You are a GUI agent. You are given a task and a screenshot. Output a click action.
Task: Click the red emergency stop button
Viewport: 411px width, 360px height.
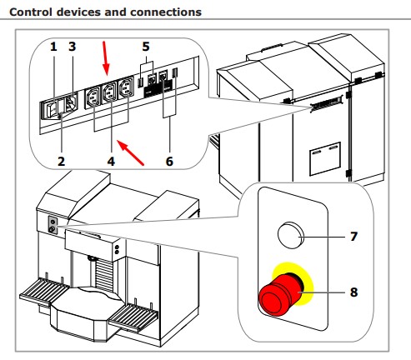pyautogui.click(x=281, y=294)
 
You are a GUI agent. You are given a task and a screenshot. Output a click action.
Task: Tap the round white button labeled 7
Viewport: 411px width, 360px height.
pyautogui.click(x=291, y=235)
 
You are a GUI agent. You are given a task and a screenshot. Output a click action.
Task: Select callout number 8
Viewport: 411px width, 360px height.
pyautogui.click(x=353, y=292)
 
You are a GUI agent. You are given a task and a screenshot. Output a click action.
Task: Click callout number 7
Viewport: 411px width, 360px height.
pyautogui.click(x=353, y=237)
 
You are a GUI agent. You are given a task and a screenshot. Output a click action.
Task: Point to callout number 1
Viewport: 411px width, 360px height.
pyautogui.click(x=53, y=47)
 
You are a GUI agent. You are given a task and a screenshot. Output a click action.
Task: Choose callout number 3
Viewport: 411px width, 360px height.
pyautogui.click(x=72, y=47)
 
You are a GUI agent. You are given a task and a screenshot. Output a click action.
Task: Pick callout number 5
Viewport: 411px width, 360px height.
pyautogui.click(x=146, y=47)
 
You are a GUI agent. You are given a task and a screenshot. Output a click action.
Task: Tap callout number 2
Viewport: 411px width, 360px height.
pyautogui.click(x=61, y=162)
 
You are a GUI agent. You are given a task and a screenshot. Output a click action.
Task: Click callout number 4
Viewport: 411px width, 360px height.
pyautogui.click(x=111, y=162)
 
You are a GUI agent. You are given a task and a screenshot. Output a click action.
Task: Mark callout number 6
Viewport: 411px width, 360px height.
pyautogui.click(x=169, y=162)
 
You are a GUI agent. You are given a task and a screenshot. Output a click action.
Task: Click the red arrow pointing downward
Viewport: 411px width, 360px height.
pyautogui.click(x=105, y=58)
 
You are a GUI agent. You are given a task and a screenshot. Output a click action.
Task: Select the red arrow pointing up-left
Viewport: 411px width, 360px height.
pyautogui.click(x=130, y=152)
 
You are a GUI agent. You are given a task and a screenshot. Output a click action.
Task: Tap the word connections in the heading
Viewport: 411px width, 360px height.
pyautogui.click(x=166, y=12)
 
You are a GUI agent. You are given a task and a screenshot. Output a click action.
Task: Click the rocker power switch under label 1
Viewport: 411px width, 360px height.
pyautogui.click(x=52, y=110)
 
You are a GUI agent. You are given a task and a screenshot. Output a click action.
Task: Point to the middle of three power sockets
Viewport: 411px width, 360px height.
pyautogui.click(x=110, y=92)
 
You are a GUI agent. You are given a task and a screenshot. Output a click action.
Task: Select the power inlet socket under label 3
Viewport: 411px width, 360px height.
pyautogui.click(x=71, y=104)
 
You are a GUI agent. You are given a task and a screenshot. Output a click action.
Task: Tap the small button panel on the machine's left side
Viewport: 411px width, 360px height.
pyautogui.click(x=53, y=225)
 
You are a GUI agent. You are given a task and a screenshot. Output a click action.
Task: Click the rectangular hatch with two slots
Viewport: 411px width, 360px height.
pyautogui.click(x=325, y=158)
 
